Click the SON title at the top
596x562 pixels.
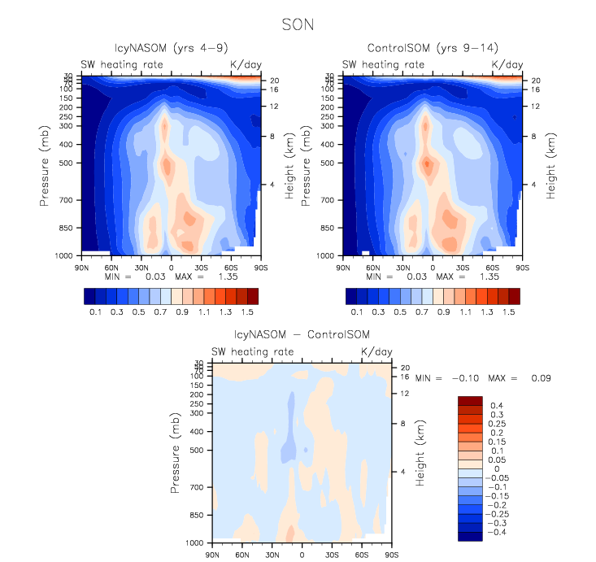(297, 24)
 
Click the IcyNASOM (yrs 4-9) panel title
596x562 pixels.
(171, 47)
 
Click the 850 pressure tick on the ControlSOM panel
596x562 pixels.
(328, 229)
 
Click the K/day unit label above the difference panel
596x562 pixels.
(376, 351)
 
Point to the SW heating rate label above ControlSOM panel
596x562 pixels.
(383, 64)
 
